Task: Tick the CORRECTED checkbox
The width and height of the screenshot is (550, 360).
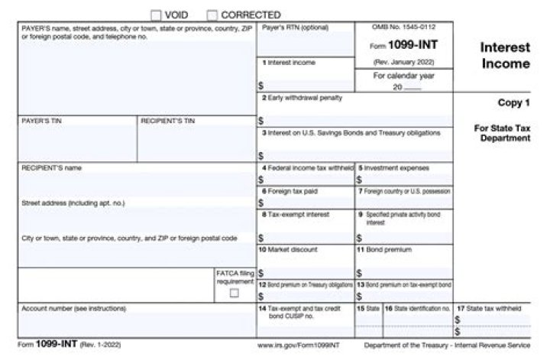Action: pos(212,15)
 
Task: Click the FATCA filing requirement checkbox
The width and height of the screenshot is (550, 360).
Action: pos(234,292)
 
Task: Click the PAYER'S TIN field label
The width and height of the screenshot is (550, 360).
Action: pos(37,121)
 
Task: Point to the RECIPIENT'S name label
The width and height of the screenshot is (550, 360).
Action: pos(51,167)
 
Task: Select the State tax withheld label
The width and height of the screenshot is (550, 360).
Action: pos(492,308)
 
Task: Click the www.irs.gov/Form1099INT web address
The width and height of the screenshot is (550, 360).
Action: pos(293,345)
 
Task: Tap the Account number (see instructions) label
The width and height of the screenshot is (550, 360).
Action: pos(73,308)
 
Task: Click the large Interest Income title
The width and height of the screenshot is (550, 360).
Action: pos(505,55)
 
